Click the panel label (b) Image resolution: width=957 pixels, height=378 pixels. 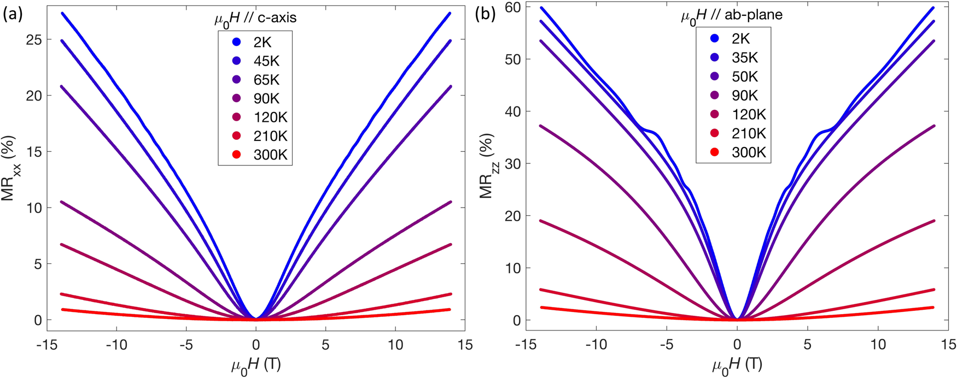(x=486, y=15)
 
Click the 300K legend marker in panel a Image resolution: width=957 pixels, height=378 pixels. (x=237, y=155)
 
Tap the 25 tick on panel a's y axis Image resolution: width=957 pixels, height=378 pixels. (x=34, y=40)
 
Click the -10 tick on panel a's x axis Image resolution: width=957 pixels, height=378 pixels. (x=115, y=345)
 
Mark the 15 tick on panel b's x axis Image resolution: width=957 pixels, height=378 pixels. (x=948, y=345)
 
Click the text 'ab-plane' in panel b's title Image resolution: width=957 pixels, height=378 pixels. (x=756, y=15)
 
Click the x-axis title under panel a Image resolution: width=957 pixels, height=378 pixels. (x=256, y=365)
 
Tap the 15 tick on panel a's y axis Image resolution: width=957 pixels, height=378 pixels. (x=34, y=152)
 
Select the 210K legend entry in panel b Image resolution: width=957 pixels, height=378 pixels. (x=749, y=133)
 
